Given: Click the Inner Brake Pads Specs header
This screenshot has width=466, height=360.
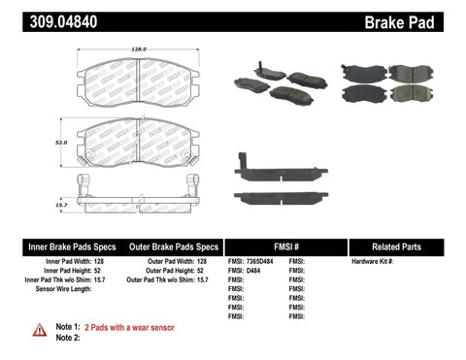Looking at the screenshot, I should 58,246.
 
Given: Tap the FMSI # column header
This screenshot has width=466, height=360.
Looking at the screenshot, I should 287,246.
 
